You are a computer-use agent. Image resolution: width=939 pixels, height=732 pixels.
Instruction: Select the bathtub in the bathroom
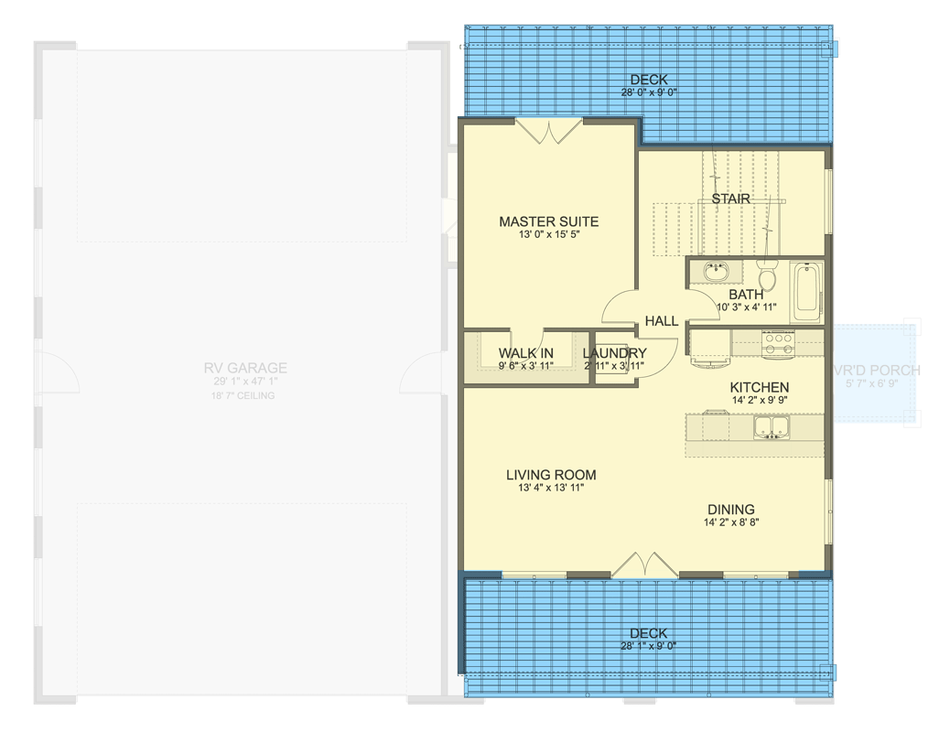[806, 291]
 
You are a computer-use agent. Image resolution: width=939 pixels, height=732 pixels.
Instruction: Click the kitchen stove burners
[777, 343]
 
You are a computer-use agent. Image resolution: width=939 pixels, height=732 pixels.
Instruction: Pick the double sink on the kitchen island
[771, 427]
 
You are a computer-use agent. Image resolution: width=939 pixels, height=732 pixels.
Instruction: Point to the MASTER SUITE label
[548, 221]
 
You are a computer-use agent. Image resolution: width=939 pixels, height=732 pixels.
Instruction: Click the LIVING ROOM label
[551, 475]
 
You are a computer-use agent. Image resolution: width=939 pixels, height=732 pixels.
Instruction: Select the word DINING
[729, 510]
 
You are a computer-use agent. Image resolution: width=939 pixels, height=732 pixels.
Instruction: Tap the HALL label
[661, 321]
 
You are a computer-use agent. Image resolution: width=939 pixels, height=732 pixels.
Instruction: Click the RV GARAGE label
[245, 368]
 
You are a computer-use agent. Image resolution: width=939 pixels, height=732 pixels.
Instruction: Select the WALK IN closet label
[525, 353]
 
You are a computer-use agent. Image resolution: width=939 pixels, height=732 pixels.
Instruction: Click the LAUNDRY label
[614, 353]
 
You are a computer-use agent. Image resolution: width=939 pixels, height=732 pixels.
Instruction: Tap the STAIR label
[730, 199]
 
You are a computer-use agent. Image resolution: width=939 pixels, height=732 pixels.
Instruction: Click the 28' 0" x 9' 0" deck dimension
[648, 92]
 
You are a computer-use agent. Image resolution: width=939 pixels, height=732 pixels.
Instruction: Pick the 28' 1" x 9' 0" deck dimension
[648, 645]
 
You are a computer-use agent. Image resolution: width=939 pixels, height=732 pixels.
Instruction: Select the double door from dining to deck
[645, 565]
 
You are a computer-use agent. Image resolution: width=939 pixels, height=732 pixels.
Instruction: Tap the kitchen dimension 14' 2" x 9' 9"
[759, 400]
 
